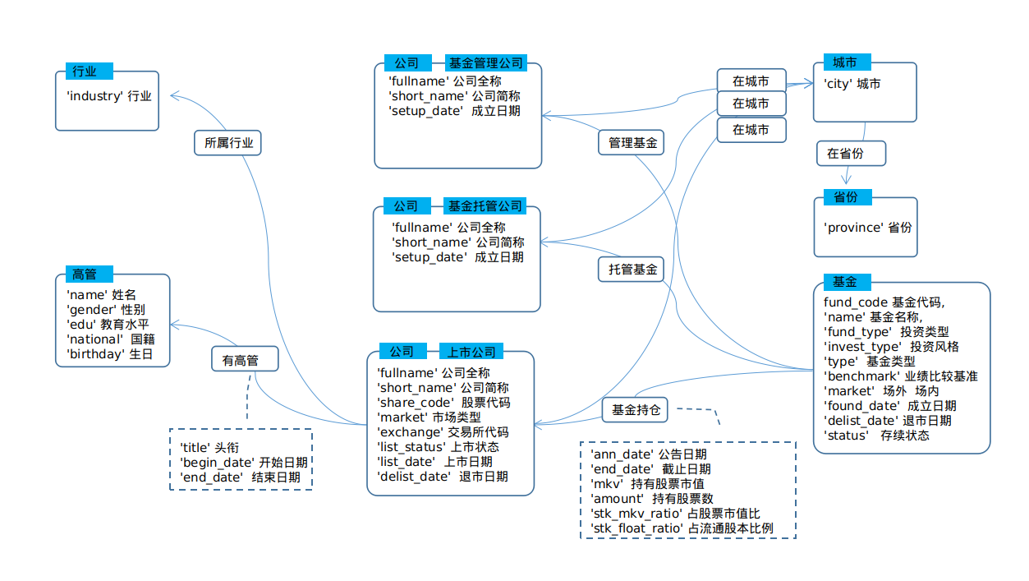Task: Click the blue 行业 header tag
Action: pyautogui.click(x=89, y=71)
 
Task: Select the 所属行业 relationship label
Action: pyautogui.click(x=228, y=142)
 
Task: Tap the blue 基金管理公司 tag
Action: pyautogui.click(x=485, y=63)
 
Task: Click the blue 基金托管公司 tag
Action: pyautogui.click(x=485, y=205)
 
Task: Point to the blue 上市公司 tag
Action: pyautogui.click(x=471, y=351)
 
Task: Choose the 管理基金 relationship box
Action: pyautogui.click(x=632, y=142)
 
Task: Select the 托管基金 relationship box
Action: pyautogui.click(x=632, y=269)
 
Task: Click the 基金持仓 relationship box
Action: pyautogui.click(x=636, y=409)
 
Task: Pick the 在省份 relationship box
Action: pyautogui.click(x=851, y=153)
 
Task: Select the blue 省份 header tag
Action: pyautogui.click(x=846, y=197)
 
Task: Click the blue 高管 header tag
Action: pyautogui.click(x=89, y=274)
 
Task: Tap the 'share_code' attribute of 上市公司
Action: pyautogui.click(x=415, y=402)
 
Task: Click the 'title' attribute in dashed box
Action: pyautogui.click(x=196, y=447)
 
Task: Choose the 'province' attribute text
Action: pyautogui.click(x=853, y=227)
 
